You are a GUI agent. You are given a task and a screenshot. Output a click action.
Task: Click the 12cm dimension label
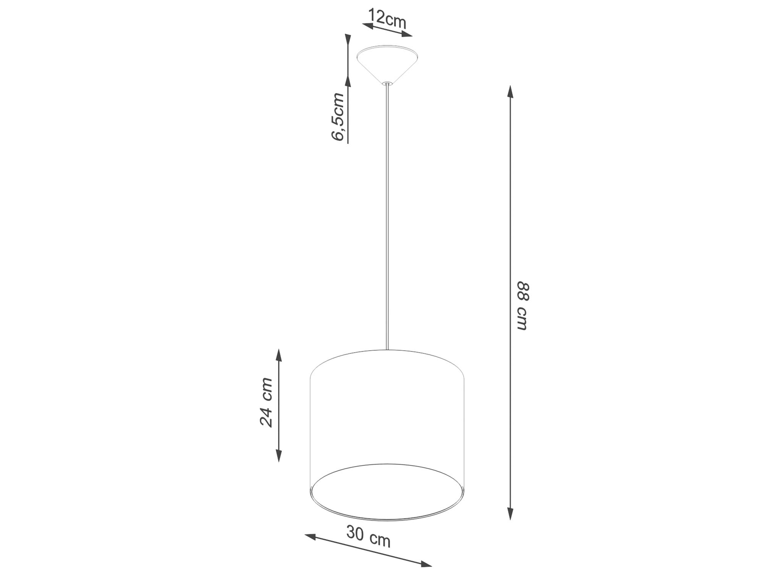(x=387, y=18)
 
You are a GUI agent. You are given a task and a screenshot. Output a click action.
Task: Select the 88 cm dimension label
(x=523, y=306)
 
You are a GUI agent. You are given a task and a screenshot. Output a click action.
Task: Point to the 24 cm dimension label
(x=266, y=402)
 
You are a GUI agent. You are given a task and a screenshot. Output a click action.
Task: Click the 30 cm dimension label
(x=368, y=536)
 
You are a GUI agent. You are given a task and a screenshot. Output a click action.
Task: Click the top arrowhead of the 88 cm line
(x=510, y=92)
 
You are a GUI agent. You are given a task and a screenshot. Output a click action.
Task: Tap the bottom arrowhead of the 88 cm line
(x=510, y=514)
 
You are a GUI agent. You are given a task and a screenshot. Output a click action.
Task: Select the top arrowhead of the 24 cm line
(x=279, y=355)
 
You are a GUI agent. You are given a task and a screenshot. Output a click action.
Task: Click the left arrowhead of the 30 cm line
(x=310, y=537)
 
